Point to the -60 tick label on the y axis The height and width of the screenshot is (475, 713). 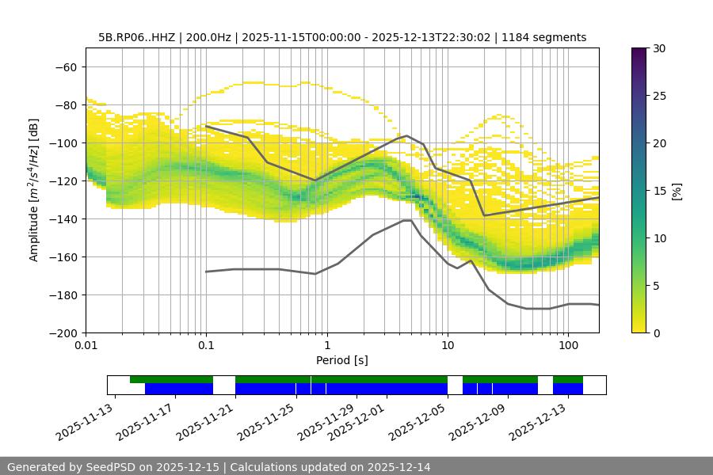click(x=66, y=67)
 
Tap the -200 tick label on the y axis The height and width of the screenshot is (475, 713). click(x=63, y=333)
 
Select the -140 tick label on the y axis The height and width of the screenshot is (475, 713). click(x=63, y=219)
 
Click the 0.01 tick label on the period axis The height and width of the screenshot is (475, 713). click(x=86, y=346)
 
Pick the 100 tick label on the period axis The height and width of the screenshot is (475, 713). click(x=567, y=346)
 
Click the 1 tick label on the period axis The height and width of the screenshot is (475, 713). click(x=326, y=346)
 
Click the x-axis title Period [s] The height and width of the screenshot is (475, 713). click(x=341, y=360)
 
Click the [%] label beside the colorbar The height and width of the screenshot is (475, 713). click(x=677, y=191)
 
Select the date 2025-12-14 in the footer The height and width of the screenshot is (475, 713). click(x=395, y=467)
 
